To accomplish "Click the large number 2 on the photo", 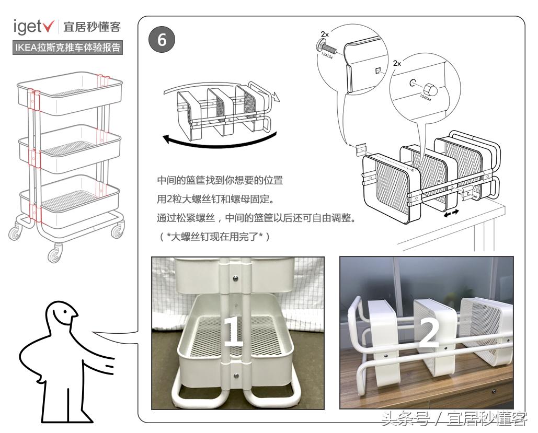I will coord(429,332).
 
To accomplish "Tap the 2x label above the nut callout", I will coord(397,63).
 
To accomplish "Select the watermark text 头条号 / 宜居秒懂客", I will coord(453,419).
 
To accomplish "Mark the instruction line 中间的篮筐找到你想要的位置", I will coord(220,181).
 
